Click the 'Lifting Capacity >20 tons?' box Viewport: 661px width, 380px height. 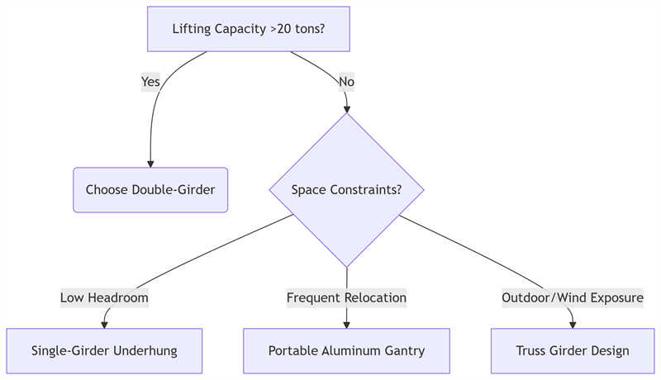(x=248, y=29)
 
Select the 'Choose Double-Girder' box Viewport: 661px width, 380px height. (x=150, y=190)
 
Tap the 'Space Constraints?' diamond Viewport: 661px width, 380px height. (x=346, y=190)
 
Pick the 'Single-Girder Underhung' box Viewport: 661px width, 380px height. (x=104, y=351)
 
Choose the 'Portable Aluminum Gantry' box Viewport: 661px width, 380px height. (x=346, y=351)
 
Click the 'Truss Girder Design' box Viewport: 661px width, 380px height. (x=573, y=351)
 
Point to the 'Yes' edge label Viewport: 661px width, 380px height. (x=150, y=82)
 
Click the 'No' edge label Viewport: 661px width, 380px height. (x=346, y=82)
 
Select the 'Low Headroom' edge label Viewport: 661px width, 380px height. (x=104, y=297)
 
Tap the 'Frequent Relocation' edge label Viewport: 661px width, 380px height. (x=346, y=297)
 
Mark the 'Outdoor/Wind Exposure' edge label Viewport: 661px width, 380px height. (x=573, y=297)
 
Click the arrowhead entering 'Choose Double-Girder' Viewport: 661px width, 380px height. (x=150, y=163)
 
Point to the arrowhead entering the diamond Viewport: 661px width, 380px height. (x=346, y=107)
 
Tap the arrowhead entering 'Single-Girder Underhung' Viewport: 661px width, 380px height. (x=105, y=324)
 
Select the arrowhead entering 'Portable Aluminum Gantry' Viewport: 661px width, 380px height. (x=346, y=324)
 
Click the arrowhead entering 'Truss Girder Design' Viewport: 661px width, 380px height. (x=573, y=324)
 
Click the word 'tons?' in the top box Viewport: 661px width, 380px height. (x=307, y=29)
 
